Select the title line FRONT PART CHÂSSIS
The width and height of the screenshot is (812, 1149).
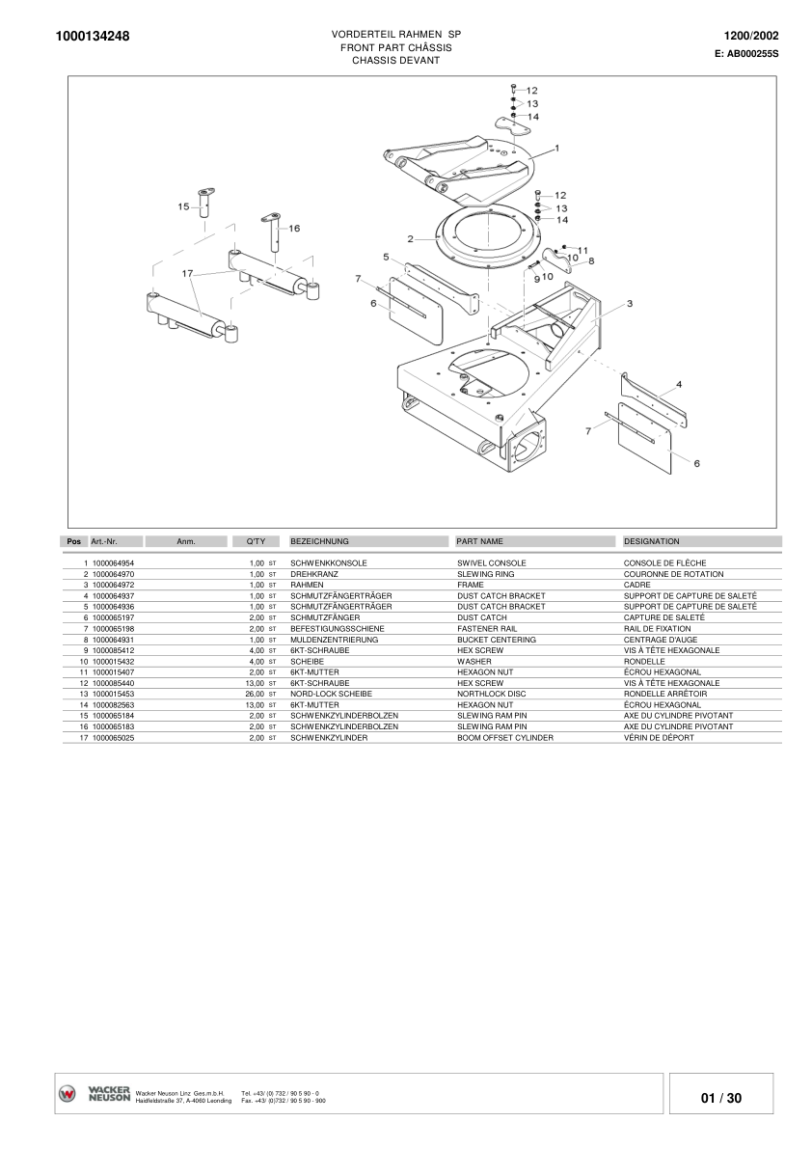[x=395, y=47]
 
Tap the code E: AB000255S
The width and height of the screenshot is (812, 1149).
[x=746, y=54]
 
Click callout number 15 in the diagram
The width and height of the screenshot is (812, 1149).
[x=183, y=206]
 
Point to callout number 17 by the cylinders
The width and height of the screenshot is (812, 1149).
[x=188, y=274]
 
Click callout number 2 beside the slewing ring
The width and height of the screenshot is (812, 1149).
[x=410, y=238]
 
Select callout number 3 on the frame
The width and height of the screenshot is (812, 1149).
[x=629, y=304]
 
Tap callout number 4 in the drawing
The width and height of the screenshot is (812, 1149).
[x=679, y=384]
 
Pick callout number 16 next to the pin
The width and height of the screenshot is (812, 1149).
[x=294, y=229]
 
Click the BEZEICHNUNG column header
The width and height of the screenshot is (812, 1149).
[x=319, y=542]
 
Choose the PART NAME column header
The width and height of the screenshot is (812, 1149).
[x=479, y=542]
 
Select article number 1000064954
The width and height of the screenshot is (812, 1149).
[x=113, y=562]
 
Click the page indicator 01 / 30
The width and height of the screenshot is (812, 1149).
[x=721, y=1098]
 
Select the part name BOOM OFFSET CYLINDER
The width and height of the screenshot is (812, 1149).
[x=504, y=738]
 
